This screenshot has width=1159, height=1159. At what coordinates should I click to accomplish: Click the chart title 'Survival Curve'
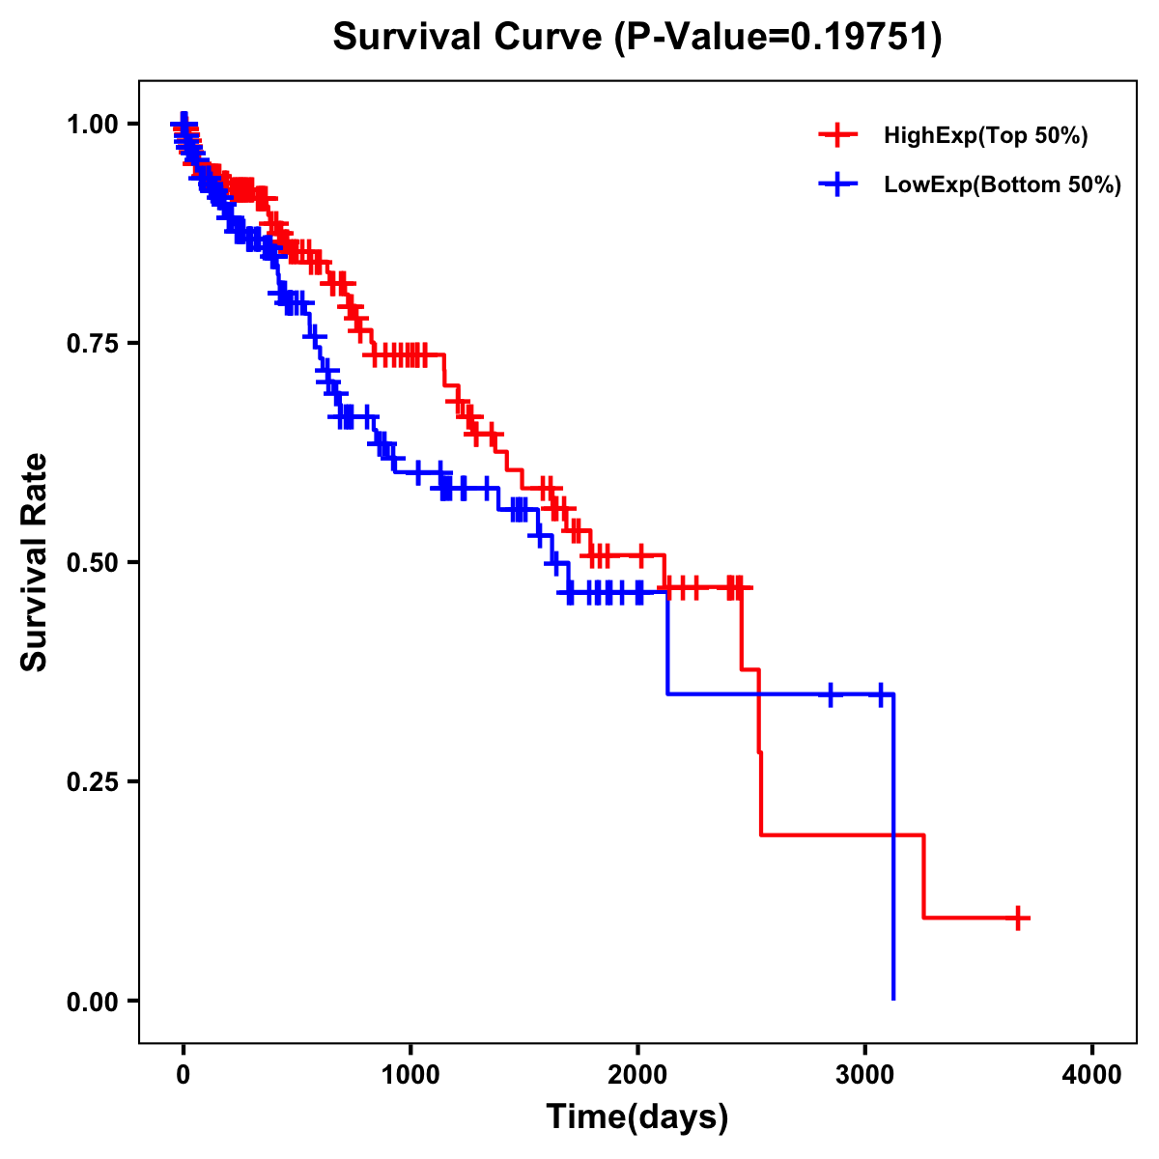coord(469,38)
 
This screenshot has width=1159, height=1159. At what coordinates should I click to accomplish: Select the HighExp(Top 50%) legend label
coord(985,136)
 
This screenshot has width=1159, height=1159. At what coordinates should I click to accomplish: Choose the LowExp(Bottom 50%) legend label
coord(1003,185)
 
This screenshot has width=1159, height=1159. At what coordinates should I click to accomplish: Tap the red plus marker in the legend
coord(837,136)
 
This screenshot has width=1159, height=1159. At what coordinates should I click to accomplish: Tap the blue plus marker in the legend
coord(837,184)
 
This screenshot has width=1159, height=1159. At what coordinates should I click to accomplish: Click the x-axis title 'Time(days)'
coord(637,1117)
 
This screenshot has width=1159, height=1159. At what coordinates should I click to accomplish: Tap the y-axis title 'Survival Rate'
coord(35,562)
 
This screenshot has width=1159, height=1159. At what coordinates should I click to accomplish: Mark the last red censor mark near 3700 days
coord(1018,918)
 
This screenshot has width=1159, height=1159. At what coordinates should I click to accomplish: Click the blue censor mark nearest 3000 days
coord(880,694)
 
